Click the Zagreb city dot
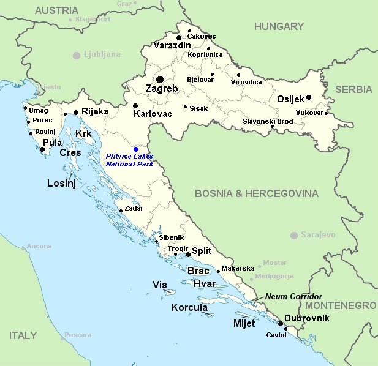tap(160, 79)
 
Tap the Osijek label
tap(290, 99)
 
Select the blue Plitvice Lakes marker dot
tap(136, 149)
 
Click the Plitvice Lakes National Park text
tap(129, 160)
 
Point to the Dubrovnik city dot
tap(280, 323)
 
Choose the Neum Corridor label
tap(293, 296)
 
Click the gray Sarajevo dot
tap(294, 235)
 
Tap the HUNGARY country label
tap(279, 26)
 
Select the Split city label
tap(202, 251)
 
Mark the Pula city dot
tap(42, 149)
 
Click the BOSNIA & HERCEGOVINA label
tap(257, 193)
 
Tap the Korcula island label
tap(189, 307)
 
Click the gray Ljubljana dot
tap(77, 55)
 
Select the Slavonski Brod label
tap(268, 121)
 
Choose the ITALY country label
tap(23, 335)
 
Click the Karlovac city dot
tap(135, 106)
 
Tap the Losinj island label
tap(61, 182)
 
